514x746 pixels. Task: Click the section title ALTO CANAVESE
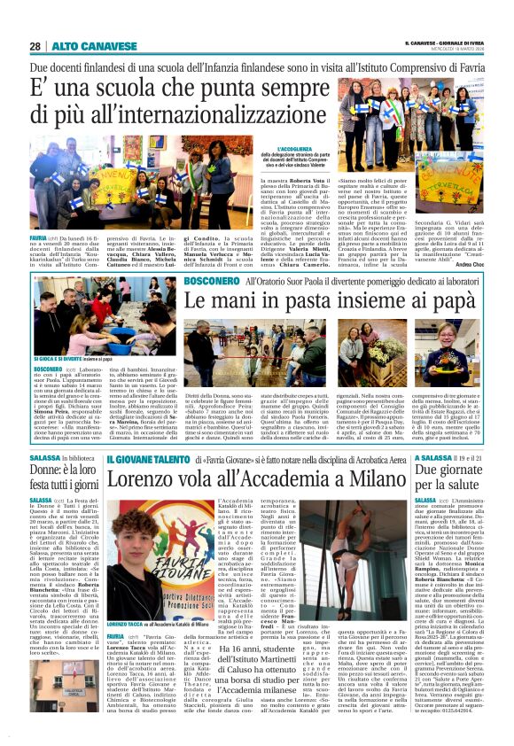pyautogui.click(x=82, y=46)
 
